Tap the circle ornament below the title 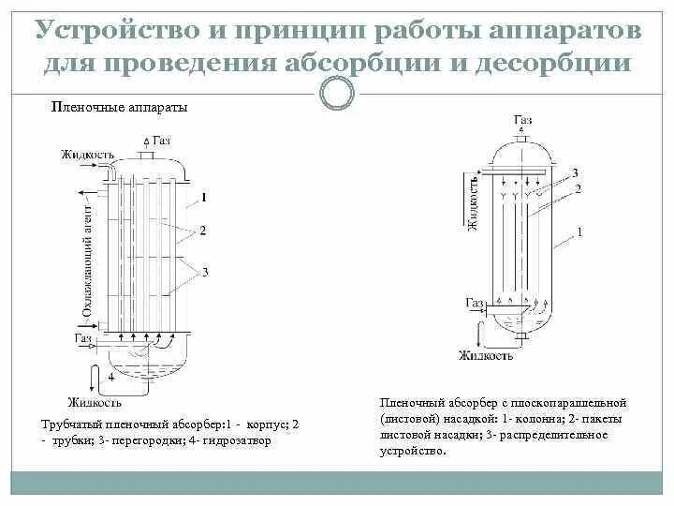click(x=337, y=93)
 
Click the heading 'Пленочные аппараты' click(x=119, y=108)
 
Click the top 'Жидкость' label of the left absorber click(x=87, y=154)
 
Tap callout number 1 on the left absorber click(x=204, y=198)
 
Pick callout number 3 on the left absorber click(x=203, y=272)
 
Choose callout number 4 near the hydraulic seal click(x=110, y=377)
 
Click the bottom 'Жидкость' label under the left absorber click(x=95, y=403)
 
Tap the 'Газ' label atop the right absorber click(x=523, y=121)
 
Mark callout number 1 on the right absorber click(x=579, y=231)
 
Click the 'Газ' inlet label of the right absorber click(x=475, y=303)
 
